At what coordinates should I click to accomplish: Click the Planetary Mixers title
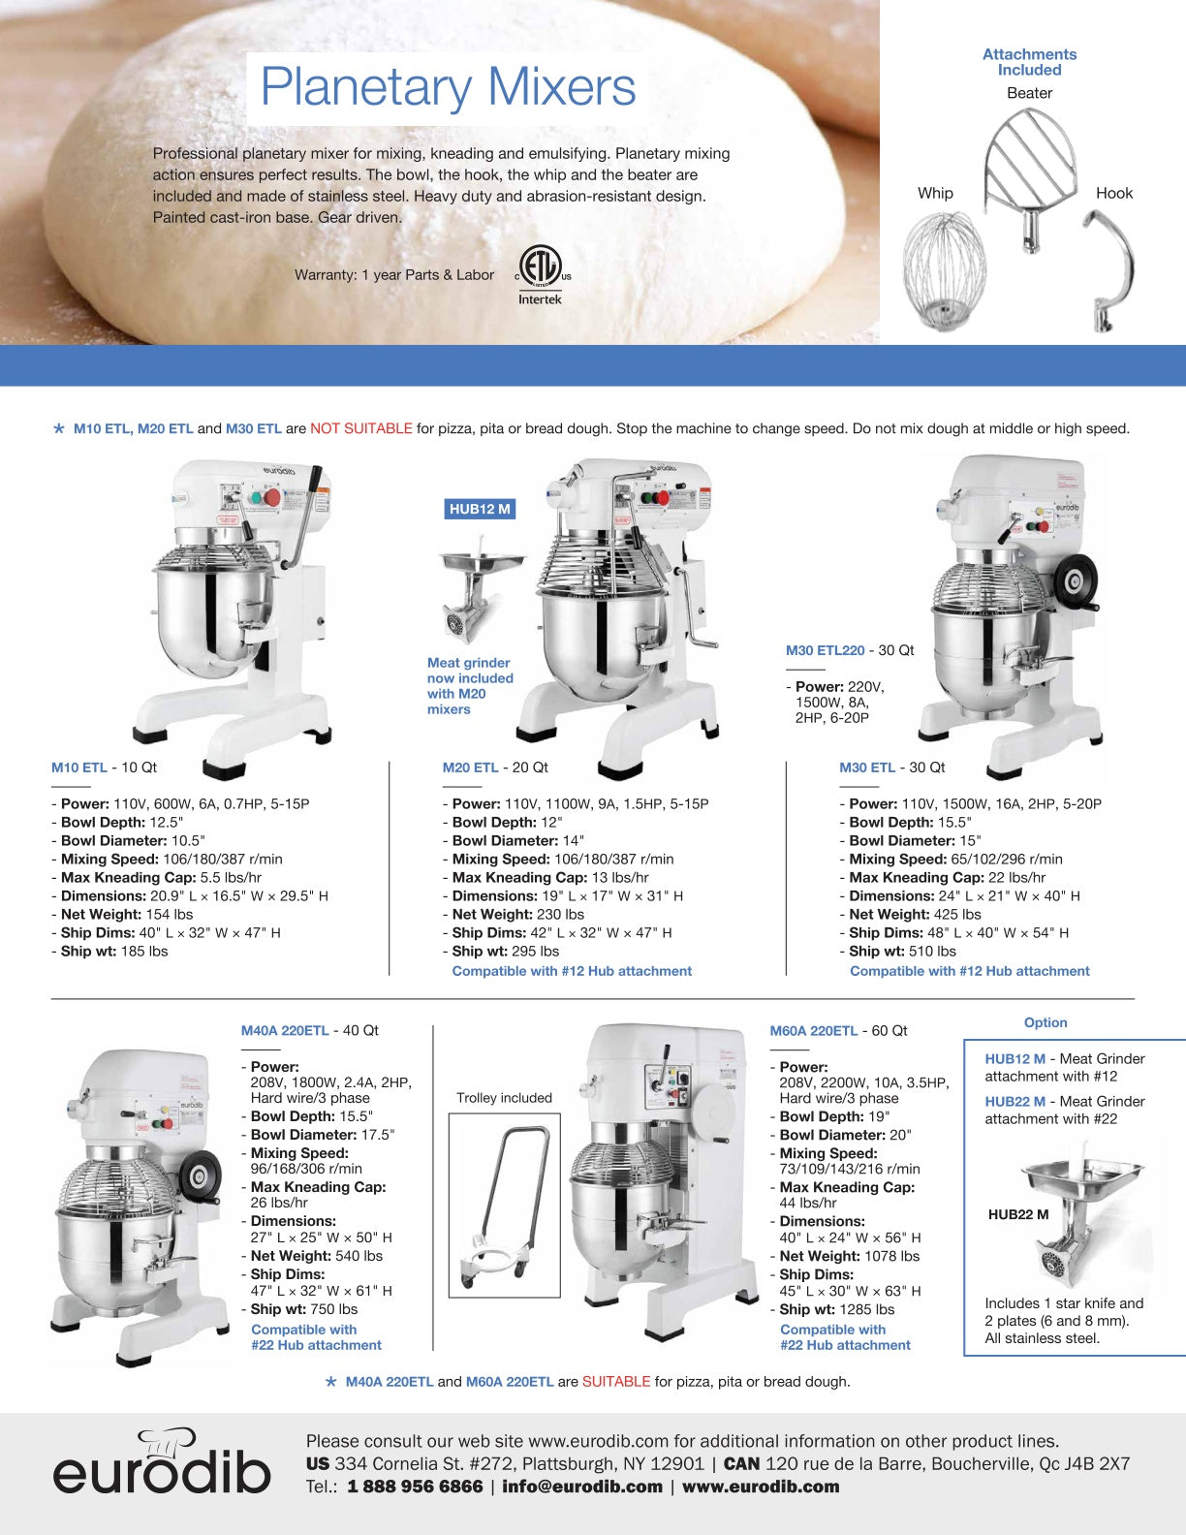[448, 87]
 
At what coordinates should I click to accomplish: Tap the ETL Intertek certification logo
[541, 275]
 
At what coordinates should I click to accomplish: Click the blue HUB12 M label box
[480, 509]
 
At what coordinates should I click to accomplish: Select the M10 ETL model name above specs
[79, 767]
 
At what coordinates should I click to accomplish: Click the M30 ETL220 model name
[825, 650]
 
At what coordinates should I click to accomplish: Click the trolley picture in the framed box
[504, 1205]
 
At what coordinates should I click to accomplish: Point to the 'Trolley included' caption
[504, 1098]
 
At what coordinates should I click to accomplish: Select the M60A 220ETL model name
[813, 1031]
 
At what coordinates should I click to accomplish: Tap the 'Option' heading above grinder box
[1046, 1022]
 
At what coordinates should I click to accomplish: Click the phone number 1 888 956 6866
[415, 1487]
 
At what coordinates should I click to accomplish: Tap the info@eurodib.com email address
[582, 1487]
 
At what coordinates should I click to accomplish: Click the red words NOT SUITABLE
[360, 428]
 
